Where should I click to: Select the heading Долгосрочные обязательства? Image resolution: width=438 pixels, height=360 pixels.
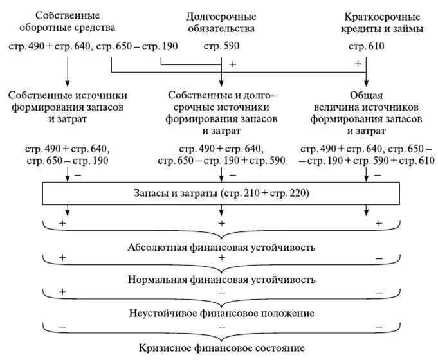(221, 22)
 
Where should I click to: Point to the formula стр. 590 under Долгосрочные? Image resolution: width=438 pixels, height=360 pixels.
(221, 46)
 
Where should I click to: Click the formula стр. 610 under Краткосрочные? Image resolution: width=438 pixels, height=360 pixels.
(366, 46)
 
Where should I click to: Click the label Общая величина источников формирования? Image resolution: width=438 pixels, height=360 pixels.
(366, 109)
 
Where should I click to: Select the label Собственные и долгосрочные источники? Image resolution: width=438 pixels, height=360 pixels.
(221, 109)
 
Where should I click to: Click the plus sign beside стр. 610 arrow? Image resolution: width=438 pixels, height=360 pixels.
(358, 64)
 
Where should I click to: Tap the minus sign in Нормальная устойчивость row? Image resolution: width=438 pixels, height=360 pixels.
(379, 257)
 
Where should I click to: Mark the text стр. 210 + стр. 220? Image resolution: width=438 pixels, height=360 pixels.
(263, 192)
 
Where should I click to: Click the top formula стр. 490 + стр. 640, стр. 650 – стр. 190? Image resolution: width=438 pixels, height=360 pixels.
(94, 46)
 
